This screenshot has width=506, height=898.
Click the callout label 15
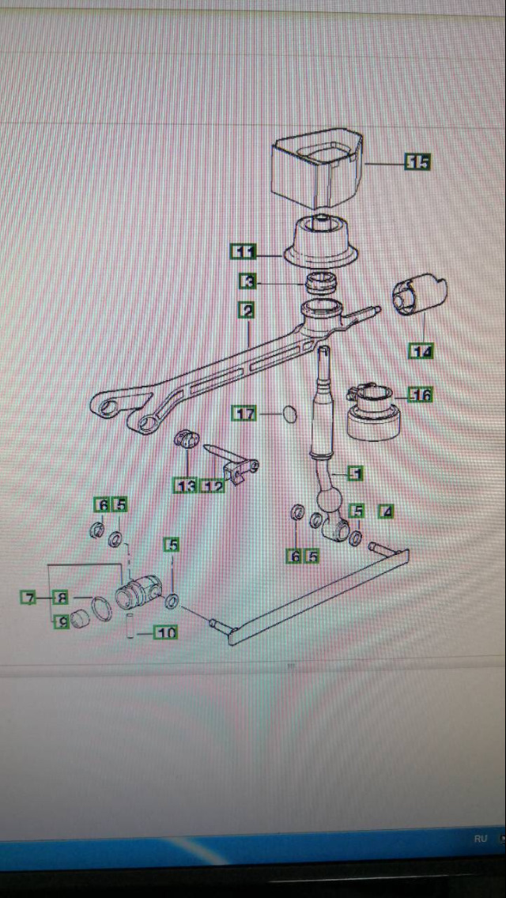pyautogui.click(x=417, y=162)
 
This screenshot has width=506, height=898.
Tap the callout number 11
pyautogui.click(x=243, y=251)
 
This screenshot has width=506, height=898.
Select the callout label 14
pyautogui.click(x=421, y=351)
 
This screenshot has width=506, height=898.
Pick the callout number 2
pyautogui.click(x=247, y=311)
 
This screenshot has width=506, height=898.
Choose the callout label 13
pyautogui.click(x=186, y=486)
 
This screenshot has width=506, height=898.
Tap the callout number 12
pyautogui.click(x=213, y=486)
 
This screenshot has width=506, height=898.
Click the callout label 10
pyautogui.click(x=165, y=632)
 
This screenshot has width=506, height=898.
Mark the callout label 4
pyautogui.click(x=387, y=511)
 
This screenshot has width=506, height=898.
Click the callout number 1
pyautogui.click(x=356, y=474)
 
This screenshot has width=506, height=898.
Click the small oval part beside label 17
pyautogui.click(x=290, y=413)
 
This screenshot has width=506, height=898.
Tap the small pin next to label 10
pyautogui.click(x=130, y=624)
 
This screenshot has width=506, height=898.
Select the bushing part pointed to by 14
pyautogui.click(x=419, y=293)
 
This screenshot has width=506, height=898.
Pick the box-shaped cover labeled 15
pyautogui.click(x=317, y=168)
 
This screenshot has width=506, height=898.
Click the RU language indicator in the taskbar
pyautogui.click(x=480, y=839)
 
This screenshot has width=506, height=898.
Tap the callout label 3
pyautogui.click(x=247, y=281)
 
